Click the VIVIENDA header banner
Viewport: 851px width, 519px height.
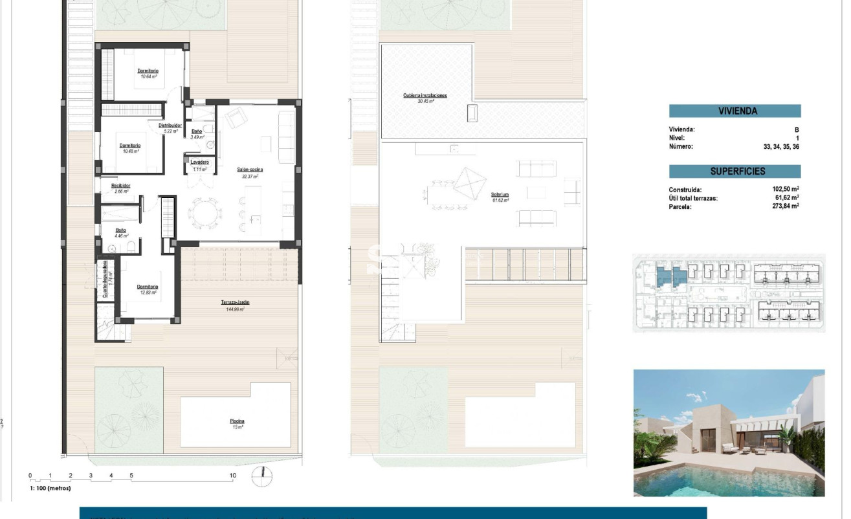click(735, 111)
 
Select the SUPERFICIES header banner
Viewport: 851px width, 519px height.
click(735, 171)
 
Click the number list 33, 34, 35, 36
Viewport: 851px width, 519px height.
click(781, 146)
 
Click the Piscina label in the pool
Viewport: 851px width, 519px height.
click(237, 421)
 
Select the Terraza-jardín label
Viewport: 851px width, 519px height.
click(235, 302)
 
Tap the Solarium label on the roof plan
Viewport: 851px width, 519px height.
click(500, 194)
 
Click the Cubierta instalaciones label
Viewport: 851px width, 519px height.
click(425, 95)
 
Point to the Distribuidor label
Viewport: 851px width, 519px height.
click(170, 126)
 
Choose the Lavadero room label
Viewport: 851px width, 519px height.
click(199, 162)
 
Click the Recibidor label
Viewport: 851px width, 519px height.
click(121, 185)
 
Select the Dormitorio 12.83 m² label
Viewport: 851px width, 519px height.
click(148, 287)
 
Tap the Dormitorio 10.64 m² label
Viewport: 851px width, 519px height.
click(148, 71)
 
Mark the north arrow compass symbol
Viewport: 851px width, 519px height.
click(262, 476)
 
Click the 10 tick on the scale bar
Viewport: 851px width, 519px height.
click(233, 476)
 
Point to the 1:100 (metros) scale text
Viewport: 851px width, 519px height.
click(50, 488)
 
